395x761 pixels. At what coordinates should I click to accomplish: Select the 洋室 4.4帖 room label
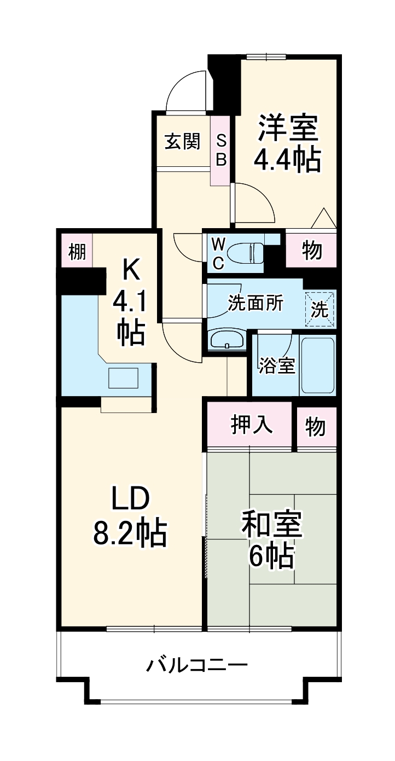click(287, 143)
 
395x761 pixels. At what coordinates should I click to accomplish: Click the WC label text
click(218, 252)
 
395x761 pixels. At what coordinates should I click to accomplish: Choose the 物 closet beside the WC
click(311, 251)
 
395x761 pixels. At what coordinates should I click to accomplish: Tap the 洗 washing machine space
click(320, 310)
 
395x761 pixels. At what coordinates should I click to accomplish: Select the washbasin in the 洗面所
click(227, 340)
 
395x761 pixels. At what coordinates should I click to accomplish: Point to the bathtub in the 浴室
click(317, 365)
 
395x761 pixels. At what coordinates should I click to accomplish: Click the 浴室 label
click(277, 366)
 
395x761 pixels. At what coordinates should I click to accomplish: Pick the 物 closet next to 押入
click(316, 427)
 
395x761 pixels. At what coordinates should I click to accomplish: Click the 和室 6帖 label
click(272, 541)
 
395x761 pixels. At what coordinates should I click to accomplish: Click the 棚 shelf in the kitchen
click(77, 252)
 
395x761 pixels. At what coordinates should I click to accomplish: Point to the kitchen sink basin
click(123, 377)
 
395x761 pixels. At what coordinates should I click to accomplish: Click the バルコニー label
click(196, 666)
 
